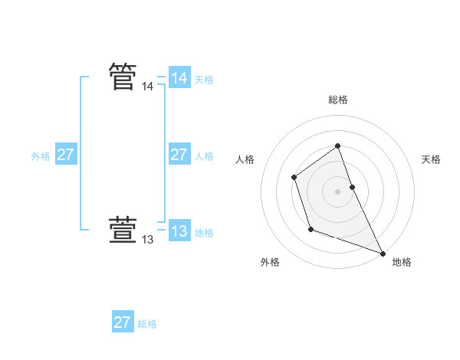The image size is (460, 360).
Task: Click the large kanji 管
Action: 123,77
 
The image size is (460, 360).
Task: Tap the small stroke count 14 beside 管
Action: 147,87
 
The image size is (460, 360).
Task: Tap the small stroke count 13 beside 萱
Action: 147,240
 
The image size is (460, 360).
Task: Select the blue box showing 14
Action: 179,78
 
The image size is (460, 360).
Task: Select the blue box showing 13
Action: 179,231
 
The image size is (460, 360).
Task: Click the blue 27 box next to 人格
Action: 179,155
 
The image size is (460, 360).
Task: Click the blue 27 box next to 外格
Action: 65,155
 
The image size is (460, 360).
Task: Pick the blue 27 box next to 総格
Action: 122,322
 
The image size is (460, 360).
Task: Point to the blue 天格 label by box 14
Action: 204,80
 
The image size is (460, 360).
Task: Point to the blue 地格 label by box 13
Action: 204,233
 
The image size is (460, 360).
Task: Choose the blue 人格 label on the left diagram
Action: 204,156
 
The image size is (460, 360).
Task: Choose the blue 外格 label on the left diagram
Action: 41,156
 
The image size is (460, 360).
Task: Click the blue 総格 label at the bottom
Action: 147,324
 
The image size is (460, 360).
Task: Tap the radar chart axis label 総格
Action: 338,100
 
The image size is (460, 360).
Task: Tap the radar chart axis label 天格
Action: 431,159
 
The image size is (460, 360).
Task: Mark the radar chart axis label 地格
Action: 402,262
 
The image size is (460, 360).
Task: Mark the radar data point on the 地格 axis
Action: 383,253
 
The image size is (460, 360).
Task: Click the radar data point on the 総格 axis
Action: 337,146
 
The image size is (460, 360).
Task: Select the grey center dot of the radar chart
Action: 337,191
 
